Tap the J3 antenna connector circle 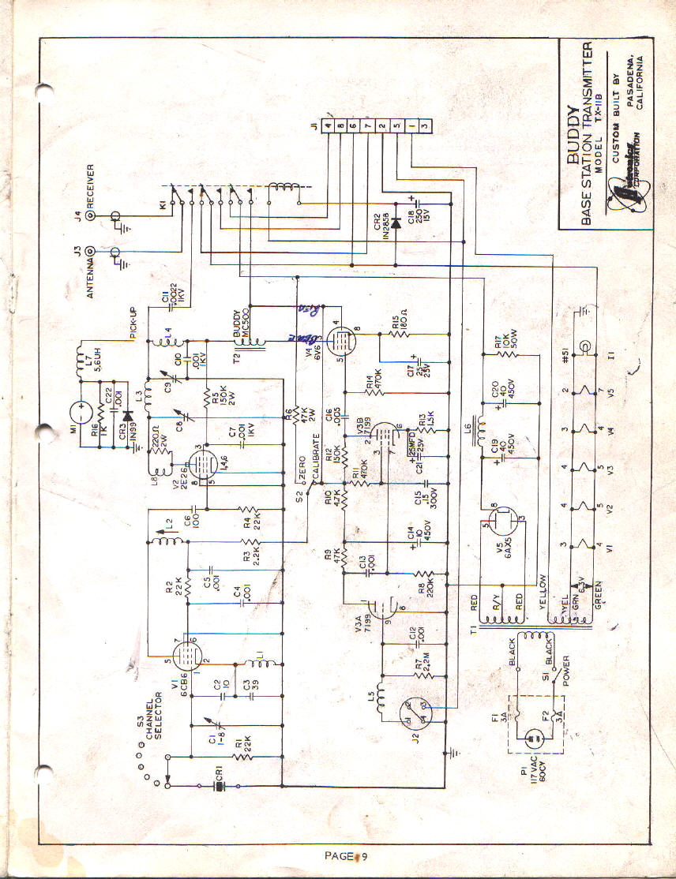(91, 252)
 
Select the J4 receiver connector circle (91, 215)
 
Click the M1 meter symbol (81, 410)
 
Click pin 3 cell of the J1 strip (425, 124)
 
